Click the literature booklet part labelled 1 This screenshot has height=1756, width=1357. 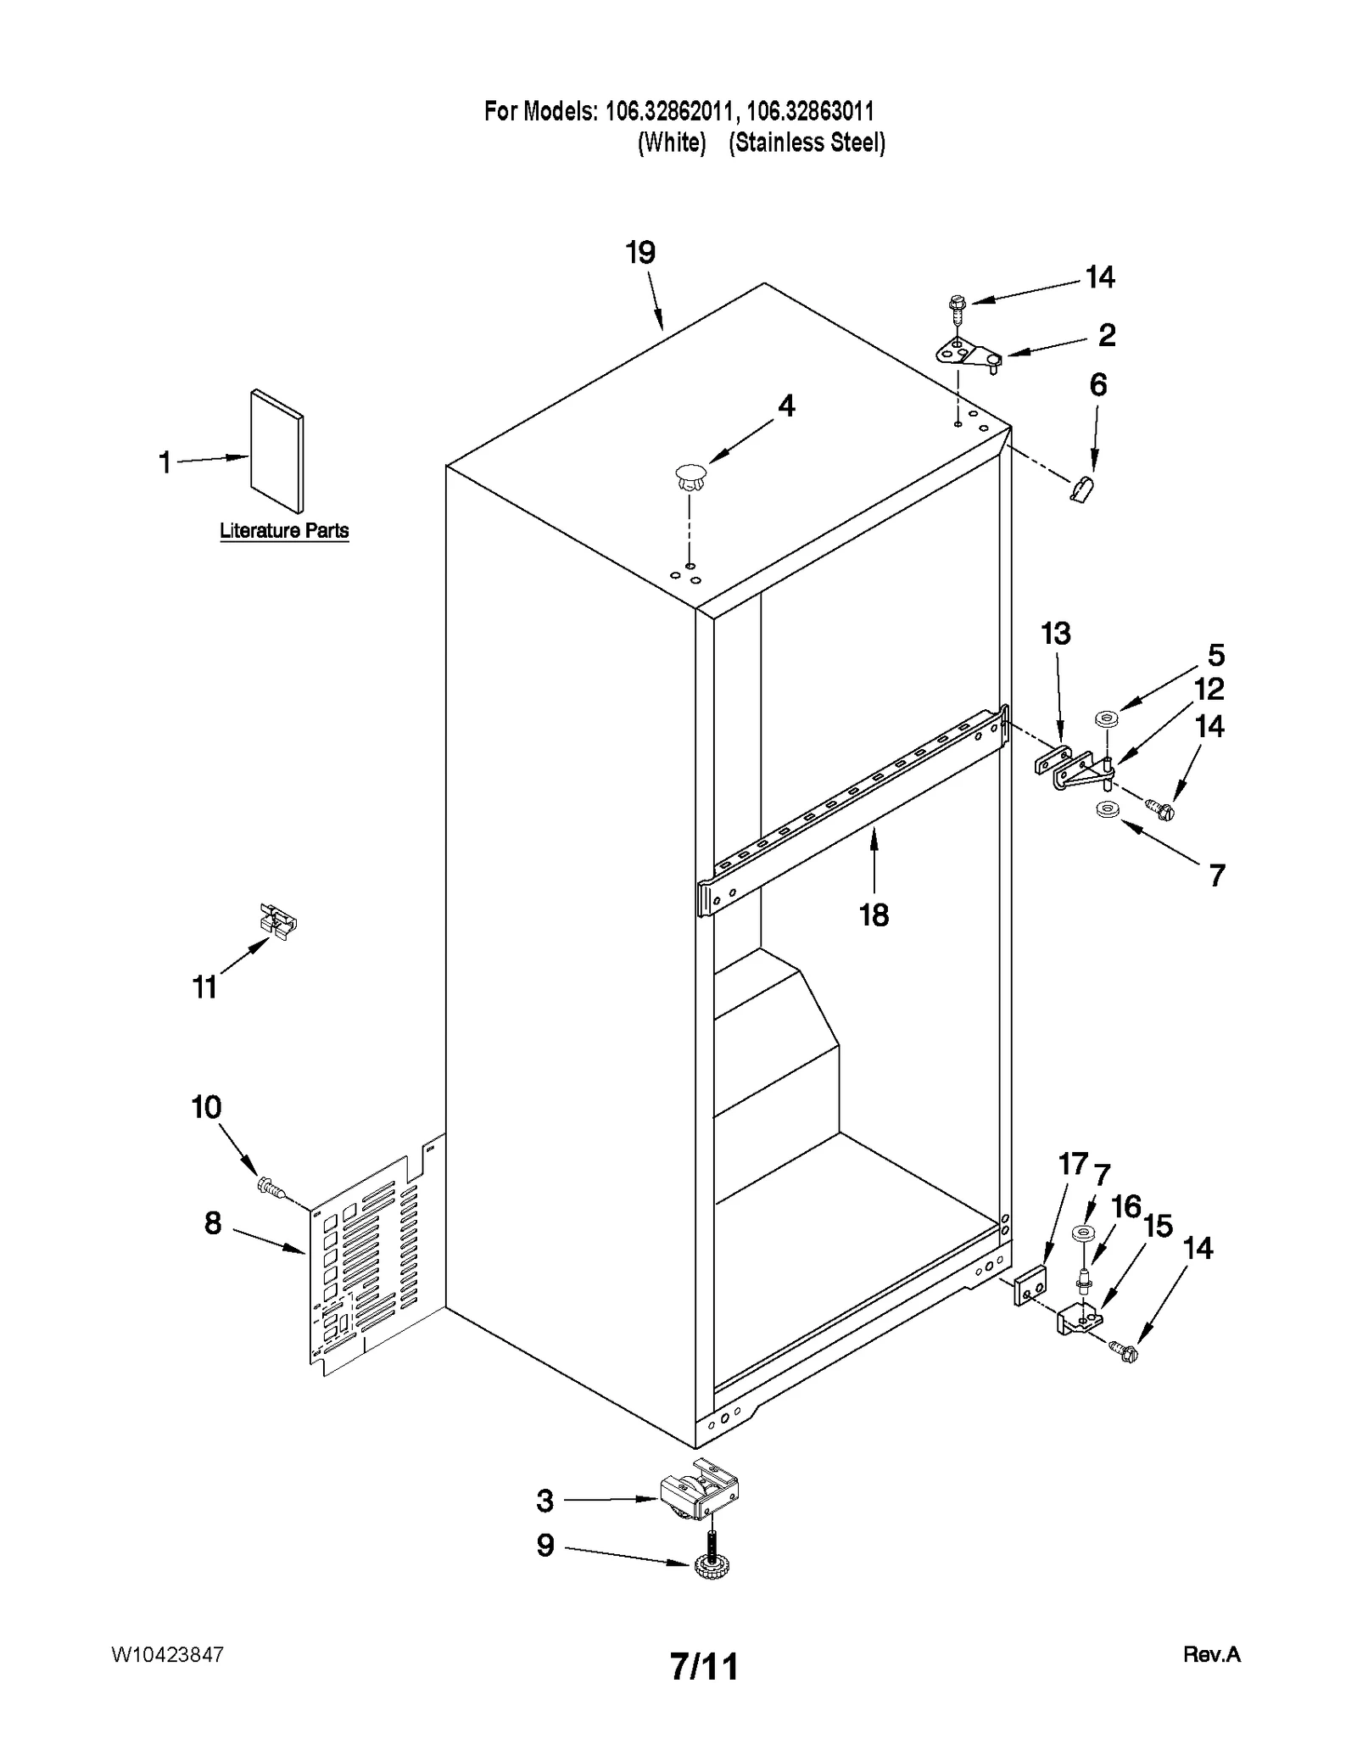coord(276,451)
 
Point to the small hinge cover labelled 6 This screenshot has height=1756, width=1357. coord(1081,489)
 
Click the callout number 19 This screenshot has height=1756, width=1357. coord(640,253)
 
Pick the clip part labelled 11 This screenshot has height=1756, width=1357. coord(278,920)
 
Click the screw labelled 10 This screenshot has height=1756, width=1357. coord(271,1187)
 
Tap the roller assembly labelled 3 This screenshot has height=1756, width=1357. coord(699,1496)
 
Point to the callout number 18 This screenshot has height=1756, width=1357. coord(874,915)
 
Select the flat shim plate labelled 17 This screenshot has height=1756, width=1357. coord(1030,1289)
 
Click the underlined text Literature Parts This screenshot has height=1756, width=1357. coord(284,531)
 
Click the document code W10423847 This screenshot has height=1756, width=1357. coord(167,1655)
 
